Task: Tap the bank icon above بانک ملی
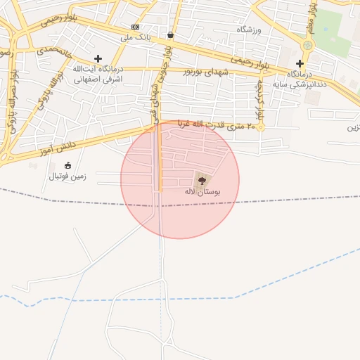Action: [135, 26]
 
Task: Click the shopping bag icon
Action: [171, 34]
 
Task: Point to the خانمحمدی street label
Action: [56, 51]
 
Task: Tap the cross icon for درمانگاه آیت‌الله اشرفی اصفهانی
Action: [98, 58]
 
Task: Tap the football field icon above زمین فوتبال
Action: [67, 165]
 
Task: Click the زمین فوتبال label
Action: [67, 176]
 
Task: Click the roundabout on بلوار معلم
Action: [307, 46]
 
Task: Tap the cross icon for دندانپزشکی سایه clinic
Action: [300, 63]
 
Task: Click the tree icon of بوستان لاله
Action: [203, 181]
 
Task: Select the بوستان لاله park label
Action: [203, 191]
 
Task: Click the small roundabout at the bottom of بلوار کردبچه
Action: [260, 127]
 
